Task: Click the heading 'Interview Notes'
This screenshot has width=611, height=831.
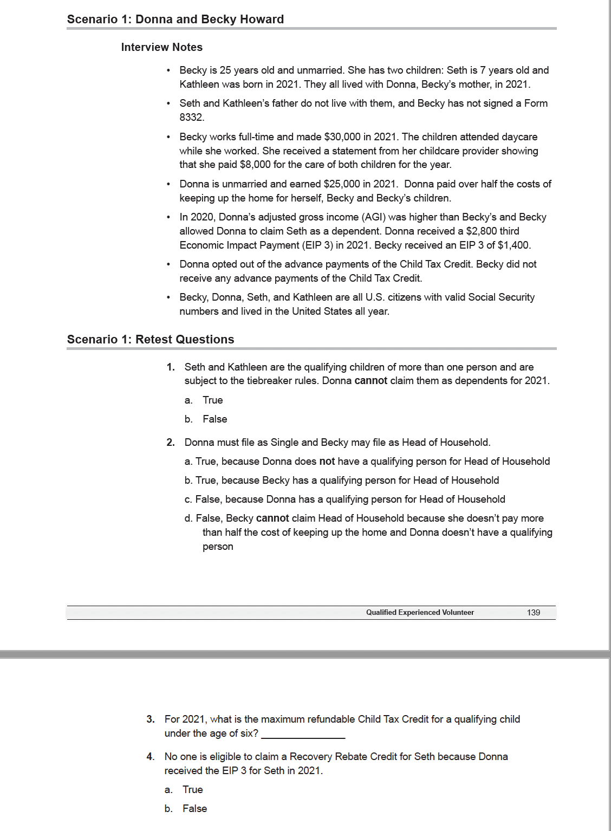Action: click(161, 47)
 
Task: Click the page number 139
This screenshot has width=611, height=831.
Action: click(533, 612)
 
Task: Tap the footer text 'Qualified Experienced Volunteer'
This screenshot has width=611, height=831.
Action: click(420, 612)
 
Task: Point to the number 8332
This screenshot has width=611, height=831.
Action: click(191, 118)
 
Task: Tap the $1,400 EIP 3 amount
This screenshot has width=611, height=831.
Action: click(513, 245)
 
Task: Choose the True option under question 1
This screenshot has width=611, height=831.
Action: click(212, 400)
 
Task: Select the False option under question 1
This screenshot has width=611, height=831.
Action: click(214, 419)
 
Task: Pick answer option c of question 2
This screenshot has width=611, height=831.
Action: click(344, 499)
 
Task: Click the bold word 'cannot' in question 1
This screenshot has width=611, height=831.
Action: click(370, 381)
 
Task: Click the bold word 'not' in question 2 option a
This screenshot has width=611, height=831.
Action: click(327, 462)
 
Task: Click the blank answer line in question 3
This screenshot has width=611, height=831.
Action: click(303, 735)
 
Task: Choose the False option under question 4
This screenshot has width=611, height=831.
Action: click(194, 809)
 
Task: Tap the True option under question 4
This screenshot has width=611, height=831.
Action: click(192, 790)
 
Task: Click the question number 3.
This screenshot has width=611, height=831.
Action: click(151, 719)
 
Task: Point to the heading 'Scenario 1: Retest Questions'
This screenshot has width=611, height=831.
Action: click(151, 340)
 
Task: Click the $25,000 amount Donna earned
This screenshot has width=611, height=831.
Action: click(342, 184)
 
